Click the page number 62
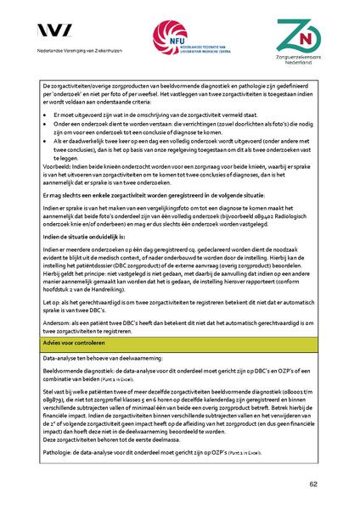pyautogui.click(x=313, y=484)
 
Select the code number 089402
pyautogui.click(x=270, y=231)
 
